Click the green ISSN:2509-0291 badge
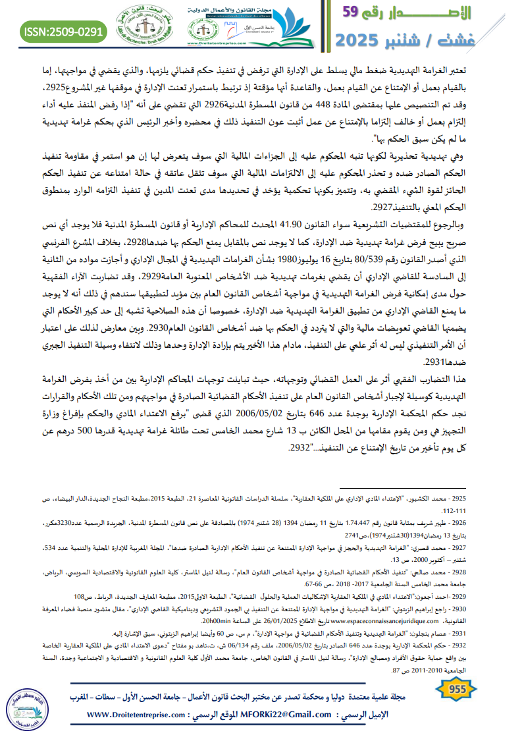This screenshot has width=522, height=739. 63,31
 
